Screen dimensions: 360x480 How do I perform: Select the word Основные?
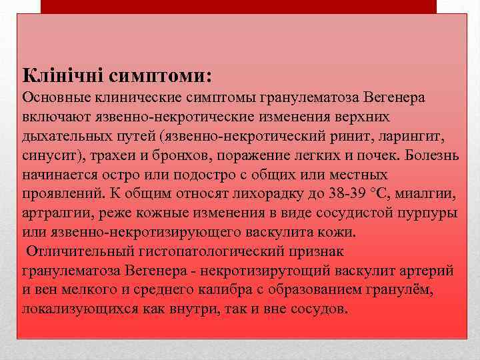[54, 98]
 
